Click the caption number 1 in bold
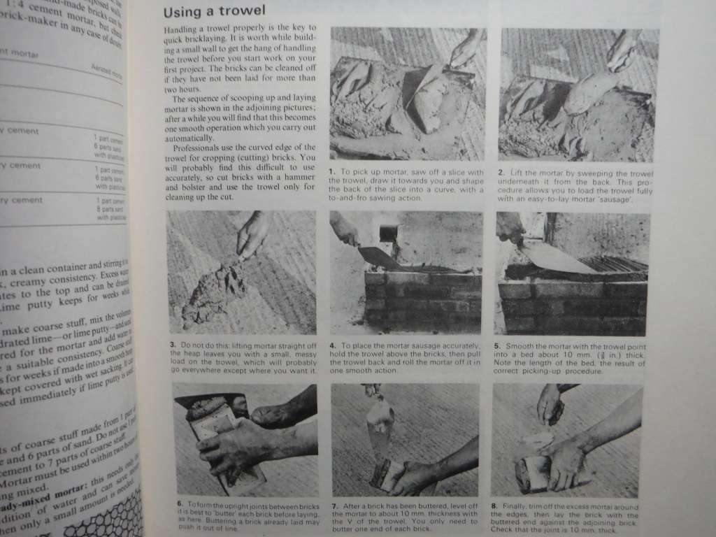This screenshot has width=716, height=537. (x=334, y=172)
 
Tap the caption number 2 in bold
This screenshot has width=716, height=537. (x=502, y=173)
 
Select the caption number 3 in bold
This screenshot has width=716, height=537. (x=171, y=344)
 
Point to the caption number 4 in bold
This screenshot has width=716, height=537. (x=333, y=344)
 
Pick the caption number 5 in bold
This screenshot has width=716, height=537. (x=498, y=345)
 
